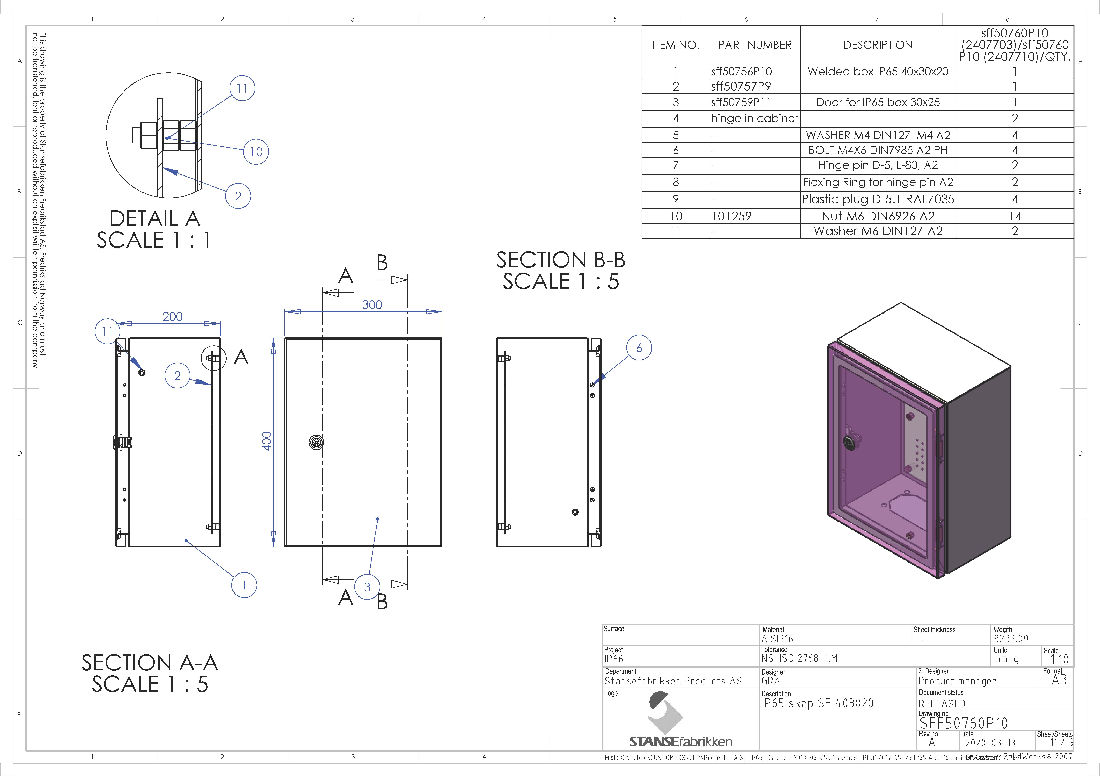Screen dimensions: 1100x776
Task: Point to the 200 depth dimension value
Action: [173, 317]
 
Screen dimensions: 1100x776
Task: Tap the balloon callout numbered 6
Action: [639, 348]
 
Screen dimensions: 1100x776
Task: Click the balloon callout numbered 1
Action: [244, 585]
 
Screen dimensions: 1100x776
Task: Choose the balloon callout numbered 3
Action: [367, 587]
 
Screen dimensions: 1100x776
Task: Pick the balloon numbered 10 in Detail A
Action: [256, 152]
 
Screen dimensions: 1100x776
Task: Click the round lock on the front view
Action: [316, 442]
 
